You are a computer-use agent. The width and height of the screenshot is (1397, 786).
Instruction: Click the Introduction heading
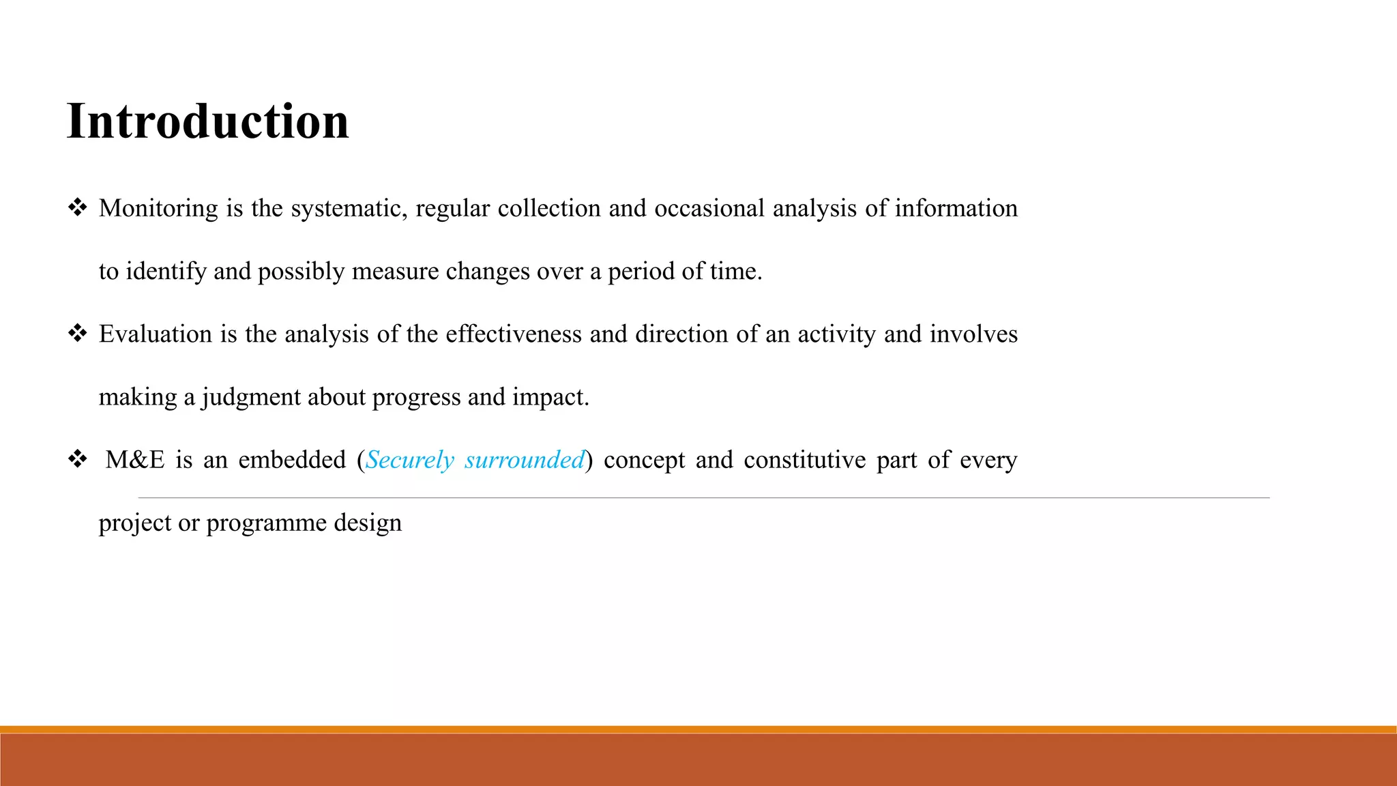208,121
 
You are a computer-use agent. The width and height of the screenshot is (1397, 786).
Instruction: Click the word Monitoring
158,208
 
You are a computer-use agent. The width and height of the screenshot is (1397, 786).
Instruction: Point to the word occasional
709,208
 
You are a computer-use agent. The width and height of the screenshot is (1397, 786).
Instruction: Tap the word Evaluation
156,334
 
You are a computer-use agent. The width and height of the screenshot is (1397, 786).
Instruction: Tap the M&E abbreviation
135,460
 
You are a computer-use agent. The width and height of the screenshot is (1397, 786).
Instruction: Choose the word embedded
292,460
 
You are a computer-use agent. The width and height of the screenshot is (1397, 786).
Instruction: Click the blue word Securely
410,460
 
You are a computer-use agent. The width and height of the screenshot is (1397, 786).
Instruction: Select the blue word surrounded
525,460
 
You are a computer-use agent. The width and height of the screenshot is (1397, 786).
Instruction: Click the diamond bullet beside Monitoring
77,207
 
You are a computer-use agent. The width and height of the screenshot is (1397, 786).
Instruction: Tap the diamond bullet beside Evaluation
77,333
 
